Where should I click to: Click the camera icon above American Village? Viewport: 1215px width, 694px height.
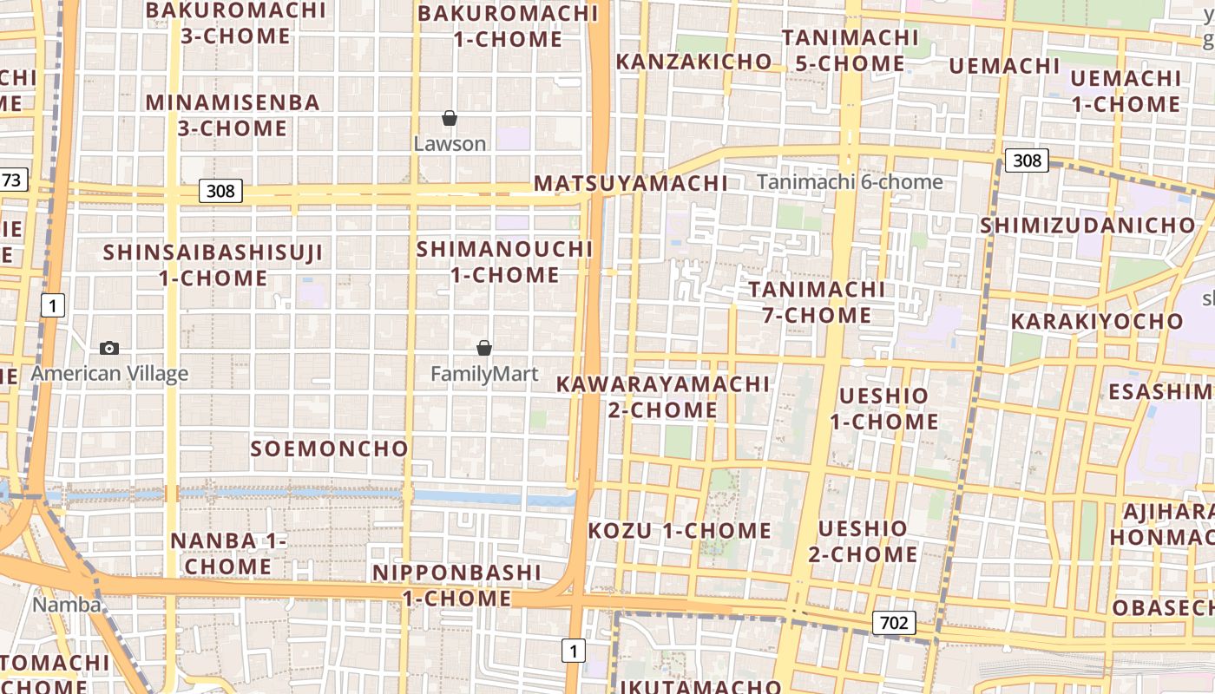point(109,348)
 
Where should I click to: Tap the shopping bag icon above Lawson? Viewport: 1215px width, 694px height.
point(450,118)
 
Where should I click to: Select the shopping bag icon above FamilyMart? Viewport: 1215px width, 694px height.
point(484,348)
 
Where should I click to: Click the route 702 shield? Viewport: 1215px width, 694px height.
point(893,622)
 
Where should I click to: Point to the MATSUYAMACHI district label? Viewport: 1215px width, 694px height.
point(630,183)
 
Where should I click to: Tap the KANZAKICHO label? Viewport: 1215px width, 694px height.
point(693,62)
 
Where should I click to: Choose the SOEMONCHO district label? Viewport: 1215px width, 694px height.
point(329,448)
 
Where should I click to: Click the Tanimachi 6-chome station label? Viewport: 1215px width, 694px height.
point(849,182)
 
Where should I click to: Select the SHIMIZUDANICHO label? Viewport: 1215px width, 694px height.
point(1087,226)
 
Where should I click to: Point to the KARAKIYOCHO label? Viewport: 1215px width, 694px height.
point(1096,321)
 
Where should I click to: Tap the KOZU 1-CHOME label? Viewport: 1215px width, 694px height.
point(680,530)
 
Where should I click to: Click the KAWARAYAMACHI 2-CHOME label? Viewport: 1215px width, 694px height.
point(663,396)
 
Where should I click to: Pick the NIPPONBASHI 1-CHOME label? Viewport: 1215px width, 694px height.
point(456,586)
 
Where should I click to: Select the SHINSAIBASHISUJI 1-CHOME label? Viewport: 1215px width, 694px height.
point(213,265)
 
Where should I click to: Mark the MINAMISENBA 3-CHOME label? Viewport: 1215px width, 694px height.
point(233,115)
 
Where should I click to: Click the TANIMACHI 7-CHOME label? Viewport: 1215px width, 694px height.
point(817,301)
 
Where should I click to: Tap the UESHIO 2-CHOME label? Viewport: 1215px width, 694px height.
point(863,541)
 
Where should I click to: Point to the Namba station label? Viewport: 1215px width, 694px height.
point(67,604)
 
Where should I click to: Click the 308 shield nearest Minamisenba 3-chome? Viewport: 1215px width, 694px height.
point(220,190)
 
